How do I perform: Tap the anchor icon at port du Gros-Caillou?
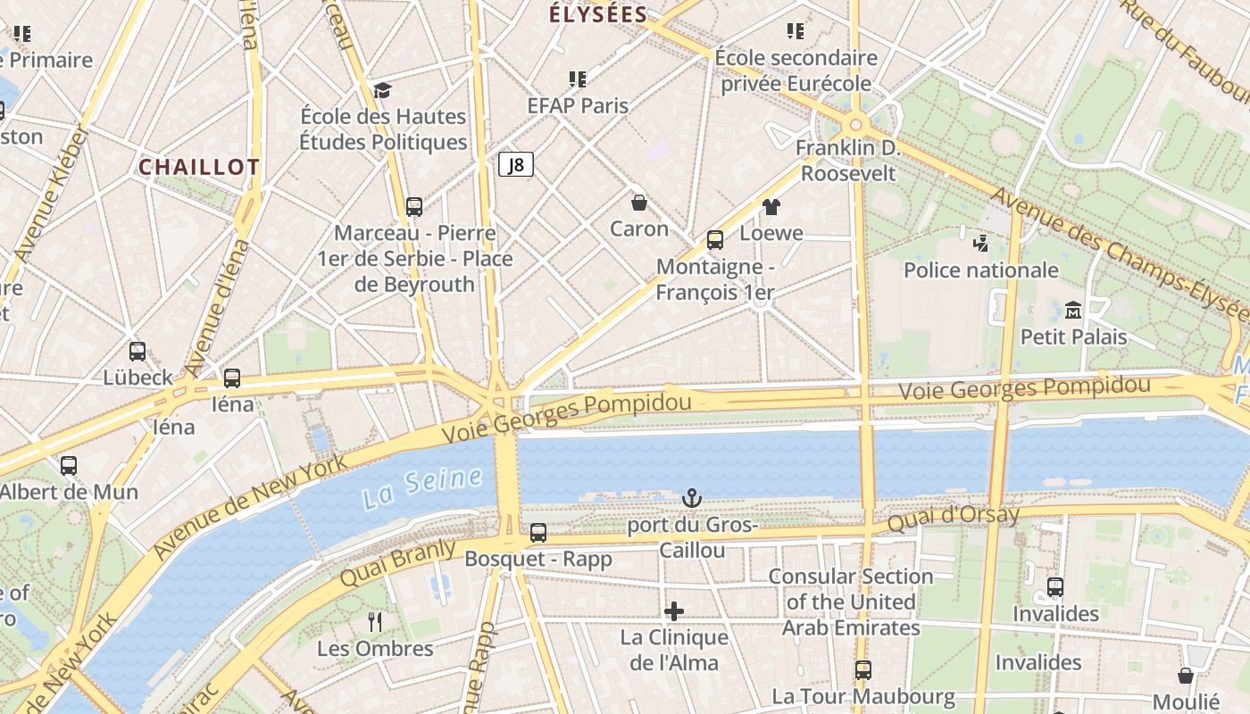pyautogui.click(x=692, y=498)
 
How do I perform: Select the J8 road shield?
pyautogui.click(x=515, y=164)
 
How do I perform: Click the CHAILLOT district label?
pyautogui.click(x=199, y=167)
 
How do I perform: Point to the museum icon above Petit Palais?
pyautogui.click(x=1073, y=310)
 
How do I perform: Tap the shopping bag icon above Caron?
pyautogui.click(x=638, y=203)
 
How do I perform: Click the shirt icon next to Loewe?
pyautogui.click(x=771, y=207)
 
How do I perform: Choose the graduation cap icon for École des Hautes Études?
pyautogui.click(x=383, y=89)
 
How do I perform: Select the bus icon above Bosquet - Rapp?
pyautogui.click(x=538, y=533)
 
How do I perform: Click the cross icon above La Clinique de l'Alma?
pyautogui.click(x=674, y=610)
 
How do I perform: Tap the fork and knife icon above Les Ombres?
pyautogui.click(x=375, y=621)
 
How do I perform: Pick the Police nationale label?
pyautogui.click(x=981, y=270)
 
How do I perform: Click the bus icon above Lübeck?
pyautogui.click(x=137, y=351)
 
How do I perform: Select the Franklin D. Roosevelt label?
pyautogui.click(x=847, y=161)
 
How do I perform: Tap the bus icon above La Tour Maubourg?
pyautogui.click(x=862, y=669)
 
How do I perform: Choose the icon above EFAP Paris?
pyautogui.click(x=578, y=79)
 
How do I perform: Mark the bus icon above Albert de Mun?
pyautogui.click(x=69, y=465)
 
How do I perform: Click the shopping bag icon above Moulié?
pyautogui.click(x=1186, y=676)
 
